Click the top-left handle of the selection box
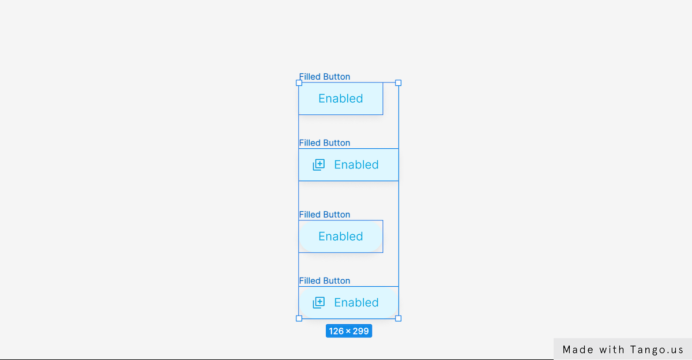click(x=299, y=83)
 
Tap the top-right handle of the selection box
click(x=398, y=83)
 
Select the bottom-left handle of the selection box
click(x=299, y=318)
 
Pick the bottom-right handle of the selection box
click(x=398, y=318)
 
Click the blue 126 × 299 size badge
click(x=349, y=331)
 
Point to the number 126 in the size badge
click(x=336, y=331)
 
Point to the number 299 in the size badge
click(x=361, y=331)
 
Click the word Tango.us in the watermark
click(x=657, y=350)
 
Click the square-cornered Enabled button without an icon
click(x=341, y=99)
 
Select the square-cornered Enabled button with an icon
click(x=348, y=164)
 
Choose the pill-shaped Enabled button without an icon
click(x=341, y=237)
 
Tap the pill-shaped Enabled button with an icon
click(x=348, y=302)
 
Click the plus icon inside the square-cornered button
click(x=318, y=164)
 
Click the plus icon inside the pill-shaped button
click(x=318, y=302)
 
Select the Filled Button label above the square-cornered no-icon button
click(x=324, y=77)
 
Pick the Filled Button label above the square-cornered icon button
click(x=324, y=142)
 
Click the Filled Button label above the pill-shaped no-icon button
click(x=324, y=215)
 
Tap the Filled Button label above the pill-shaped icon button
click(x=324, y=280)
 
